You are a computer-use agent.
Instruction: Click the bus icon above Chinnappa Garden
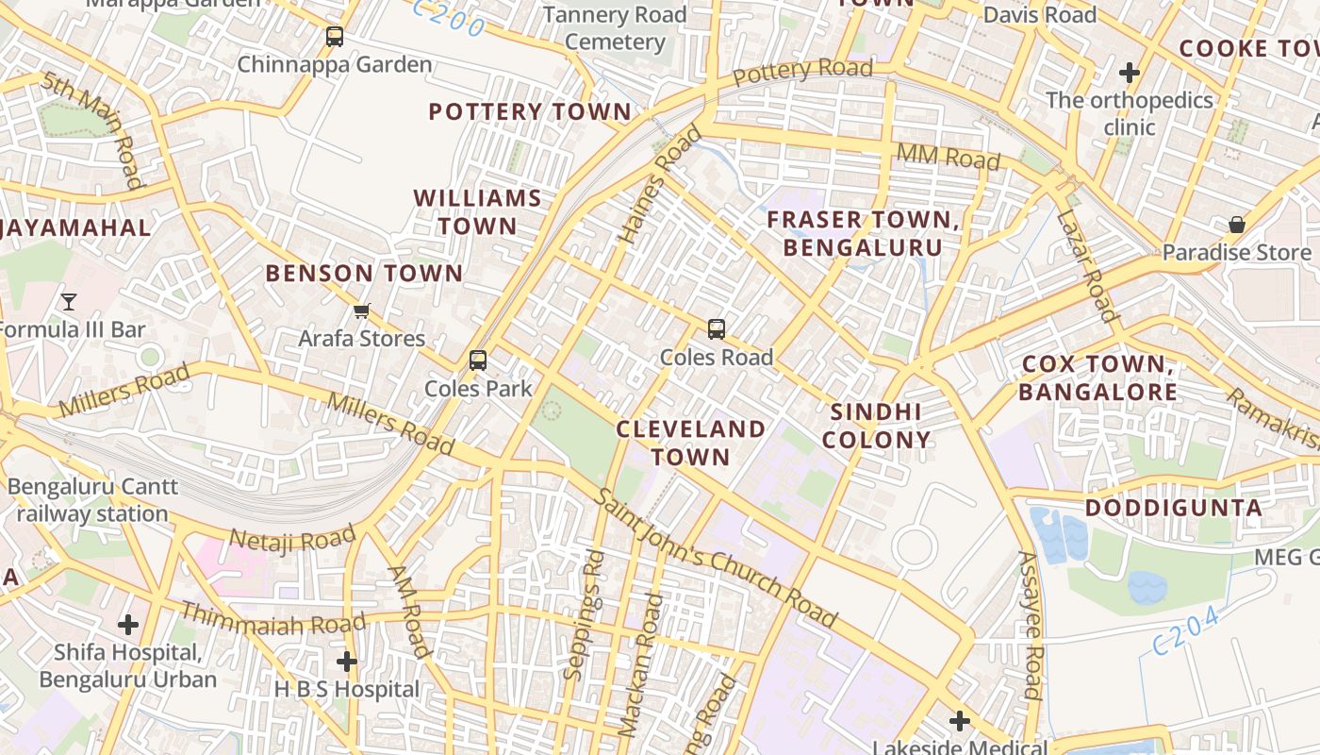(335, 37)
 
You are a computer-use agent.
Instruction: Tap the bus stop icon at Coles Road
(717, 329)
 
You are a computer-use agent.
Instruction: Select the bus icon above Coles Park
(478, 360)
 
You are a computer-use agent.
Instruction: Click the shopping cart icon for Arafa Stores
(361, 310)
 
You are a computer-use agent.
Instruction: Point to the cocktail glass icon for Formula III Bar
(68, 302)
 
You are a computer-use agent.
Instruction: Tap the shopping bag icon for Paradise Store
(1236, 225)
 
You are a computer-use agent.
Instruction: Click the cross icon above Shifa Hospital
(128, 624)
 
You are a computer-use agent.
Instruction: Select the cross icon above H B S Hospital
(347, 662)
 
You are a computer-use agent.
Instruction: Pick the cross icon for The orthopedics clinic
(1129, 72)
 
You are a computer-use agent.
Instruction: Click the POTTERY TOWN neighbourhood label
(530, 111)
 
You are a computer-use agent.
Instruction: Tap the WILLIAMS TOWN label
(478, 212)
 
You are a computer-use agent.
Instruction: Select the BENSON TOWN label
(364, 274)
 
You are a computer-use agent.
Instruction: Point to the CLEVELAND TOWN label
(691, 443)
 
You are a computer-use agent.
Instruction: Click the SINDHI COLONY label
(876, 426)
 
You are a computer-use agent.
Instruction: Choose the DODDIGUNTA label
(1173, 508)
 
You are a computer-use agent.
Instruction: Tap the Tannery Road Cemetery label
(615, 28)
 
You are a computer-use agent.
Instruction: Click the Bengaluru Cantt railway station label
(92, 500)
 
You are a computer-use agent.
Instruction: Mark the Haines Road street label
(660, 185)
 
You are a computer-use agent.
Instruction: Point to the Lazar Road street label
(1086, 267)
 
